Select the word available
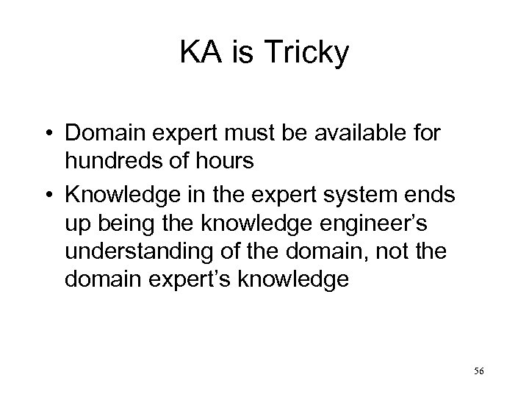[x=356, y=136]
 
